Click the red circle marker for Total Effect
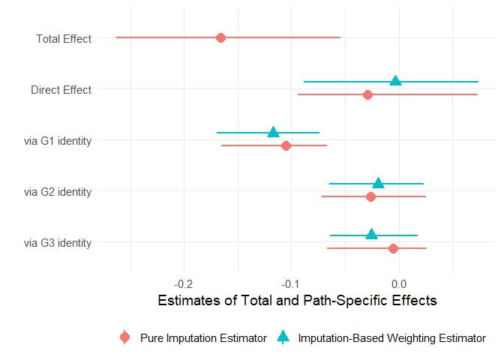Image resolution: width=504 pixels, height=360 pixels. click(220, 37)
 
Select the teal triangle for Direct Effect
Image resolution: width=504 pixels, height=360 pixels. click(395, 81)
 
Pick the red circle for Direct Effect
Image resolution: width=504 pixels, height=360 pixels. click(367, 94)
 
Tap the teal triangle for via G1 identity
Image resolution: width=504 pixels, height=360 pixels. click(273, 132)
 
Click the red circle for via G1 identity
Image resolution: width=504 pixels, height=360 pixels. click(286, 145)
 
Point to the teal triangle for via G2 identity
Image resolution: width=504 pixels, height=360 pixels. click(378, 183)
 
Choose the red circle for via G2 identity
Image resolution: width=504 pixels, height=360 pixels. click(370, 196)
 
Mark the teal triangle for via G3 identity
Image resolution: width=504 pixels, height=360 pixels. click(371, 234)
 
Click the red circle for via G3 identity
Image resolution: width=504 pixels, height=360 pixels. click(393, 247)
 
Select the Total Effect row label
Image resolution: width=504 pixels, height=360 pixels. click(64, 39)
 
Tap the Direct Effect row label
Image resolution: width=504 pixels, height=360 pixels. click(61, 90)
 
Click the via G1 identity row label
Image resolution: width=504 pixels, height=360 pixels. click(58, 141)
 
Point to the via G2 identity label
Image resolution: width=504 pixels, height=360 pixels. click(58, 192)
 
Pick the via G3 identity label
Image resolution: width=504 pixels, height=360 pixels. click(58, 243)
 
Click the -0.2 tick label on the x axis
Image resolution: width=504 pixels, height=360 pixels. click(184, 283)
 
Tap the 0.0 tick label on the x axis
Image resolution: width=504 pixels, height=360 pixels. click(399, 283)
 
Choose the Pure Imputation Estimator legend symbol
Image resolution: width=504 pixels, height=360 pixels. click(125, 338)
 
